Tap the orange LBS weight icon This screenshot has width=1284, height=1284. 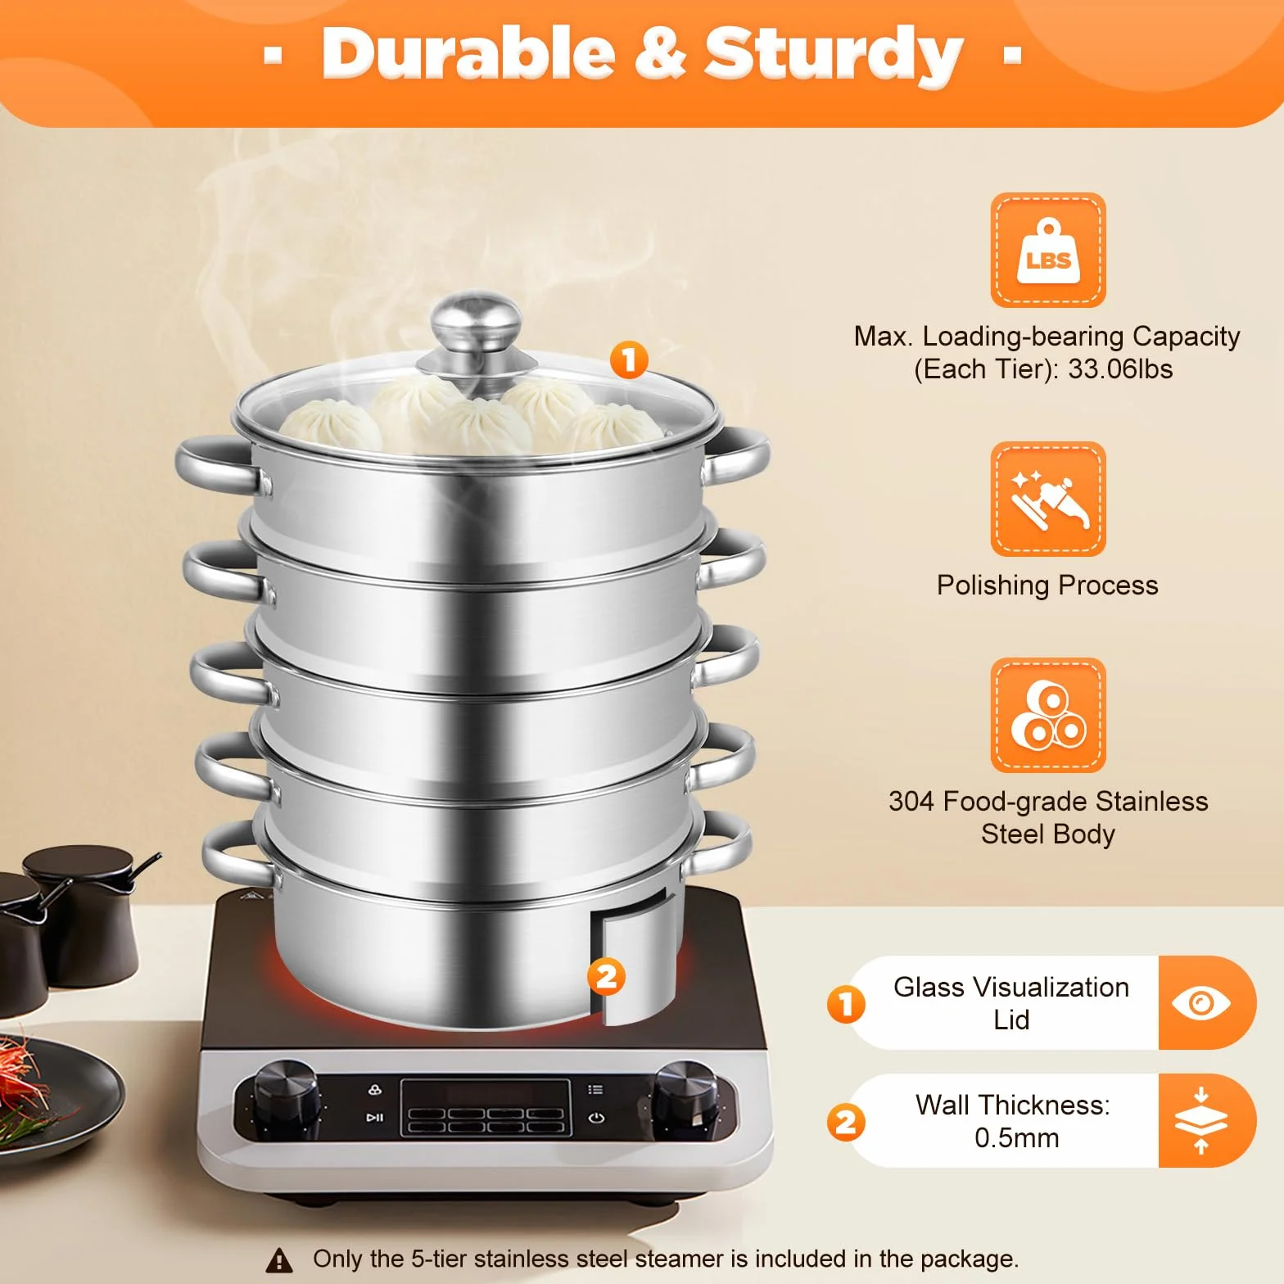tap(1048, 251)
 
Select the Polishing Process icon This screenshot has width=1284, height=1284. tap(1048, 500)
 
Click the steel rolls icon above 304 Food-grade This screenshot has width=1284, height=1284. tap(1048, 716)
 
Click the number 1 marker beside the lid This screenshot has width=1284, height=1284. tap(629, 360)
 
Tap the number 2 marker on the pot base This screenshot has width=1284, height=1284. tap(606, 976)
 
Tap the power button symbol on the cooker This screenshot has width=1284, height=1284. tap(596, 1118)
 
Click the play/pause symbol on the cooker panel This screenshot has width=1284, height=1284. tap(375, 1117)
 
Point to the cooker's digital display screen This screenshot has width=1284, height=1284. tap(486, 1107)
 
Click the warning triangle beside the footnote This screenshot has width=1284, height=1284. tap(280, 1259)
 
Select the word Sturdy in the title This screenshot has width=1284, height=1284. tap(834, 55)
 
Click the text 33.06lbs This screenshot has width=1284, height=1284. tap(1120, 369)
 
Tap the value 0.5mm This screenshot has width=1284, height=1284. tap(1017, 1138)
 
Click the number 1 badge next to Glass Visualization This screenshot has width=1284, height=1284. tap(846, 1004)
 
